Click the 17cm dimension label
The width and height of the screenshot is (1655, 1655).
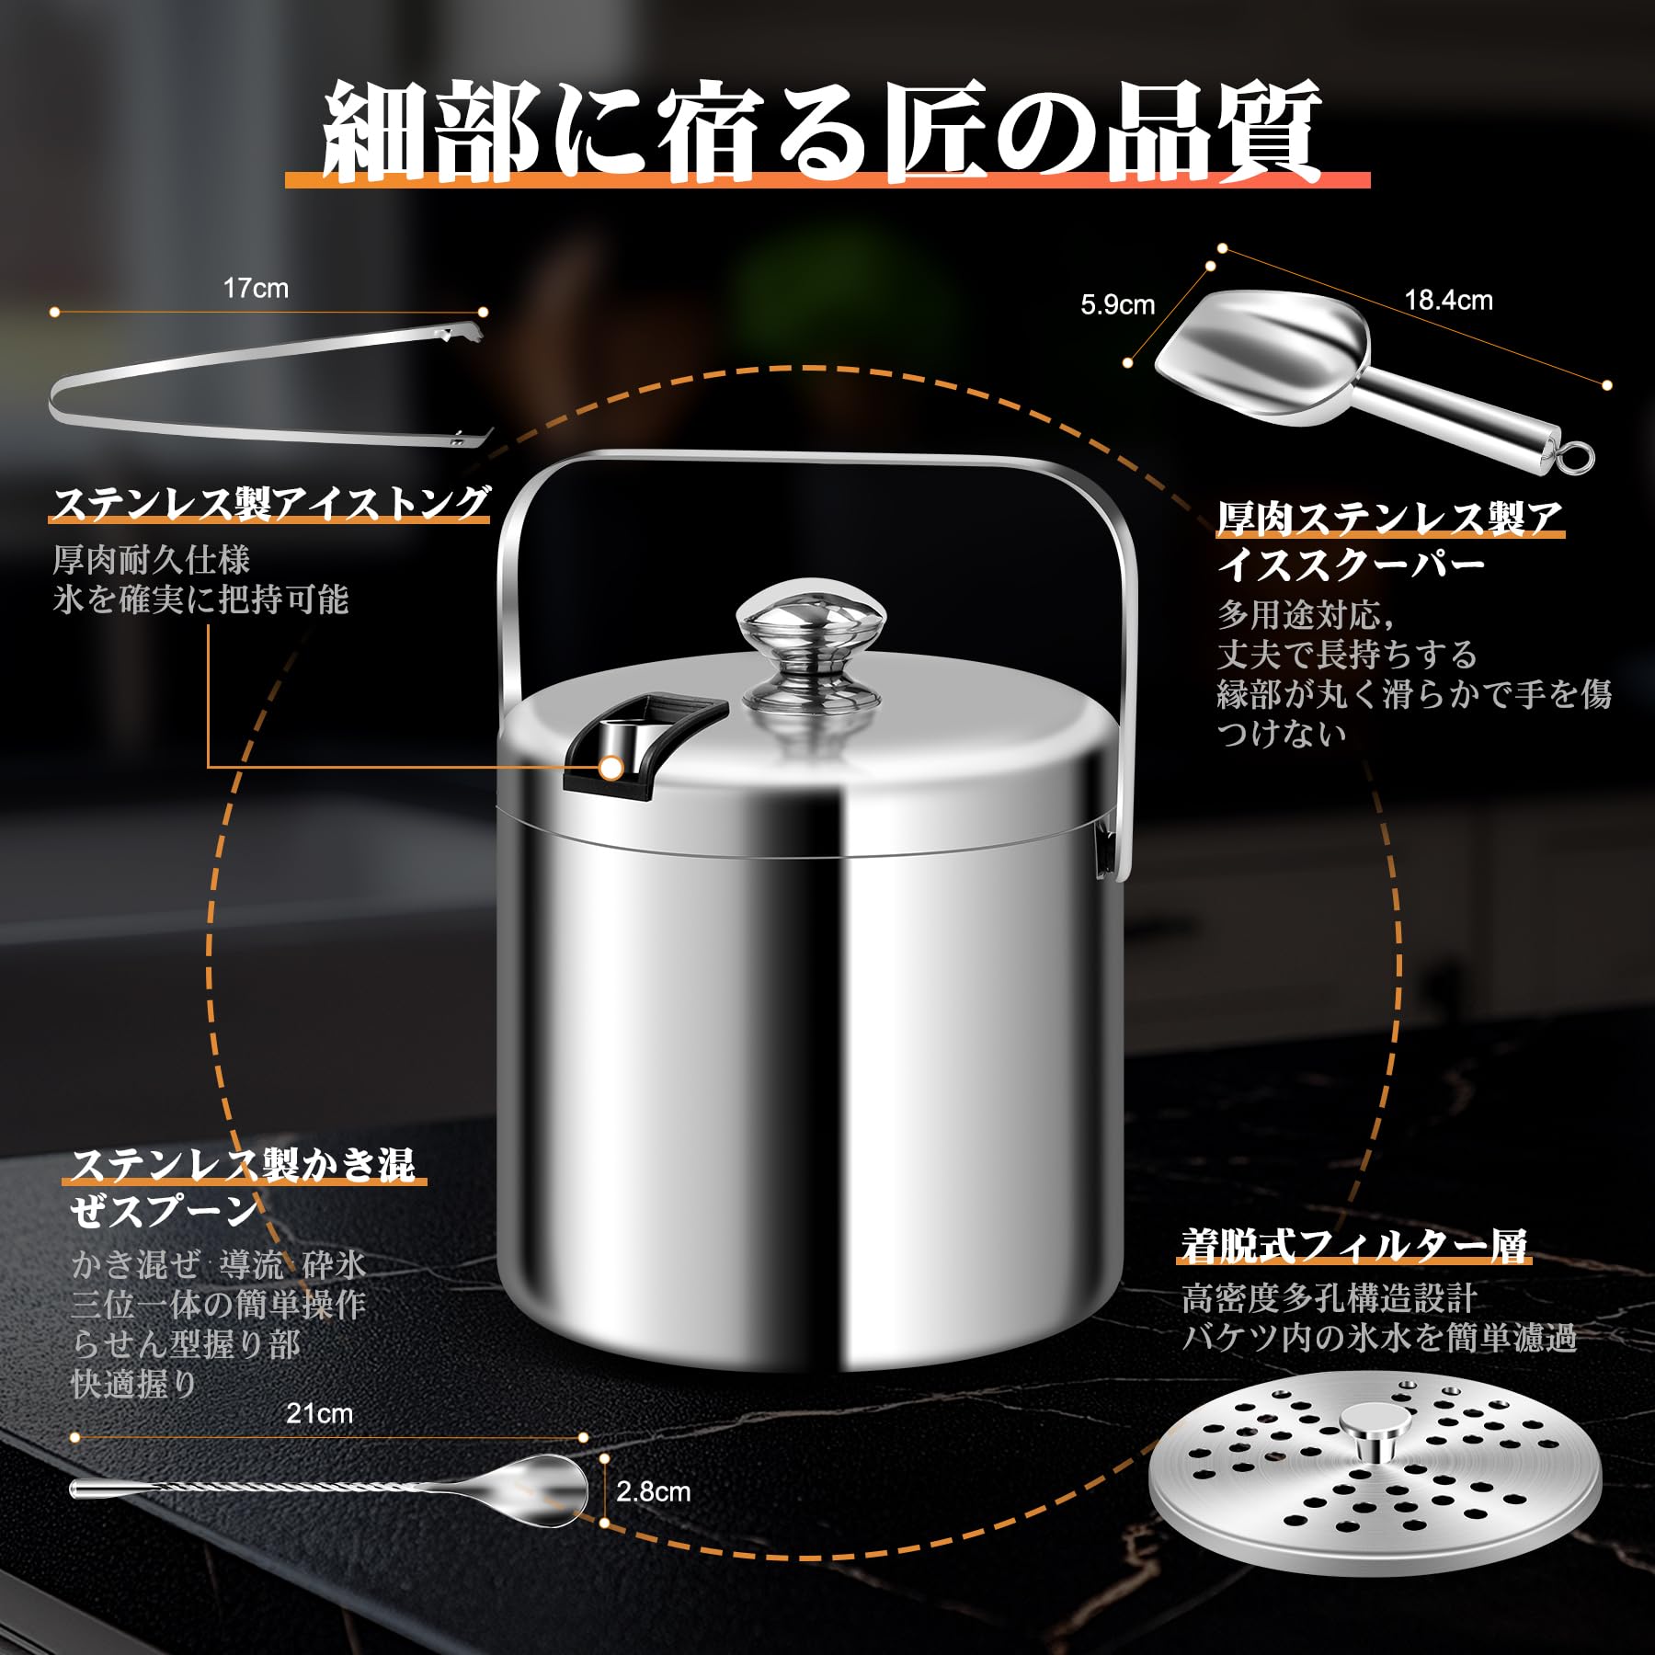click(256, 289)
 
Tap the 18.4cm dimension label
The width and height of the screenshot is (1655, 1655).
click(1448, 300)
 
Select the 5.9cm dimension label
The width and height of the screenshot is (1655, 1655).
click(1117, 305)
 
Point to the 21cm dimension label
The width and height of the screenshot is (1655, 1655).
click(319, 1413)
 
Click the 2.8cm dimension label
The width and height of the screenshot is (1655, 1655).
click(653, 1491)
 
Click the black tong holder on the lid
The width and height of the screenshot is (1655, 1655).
click(644, 743)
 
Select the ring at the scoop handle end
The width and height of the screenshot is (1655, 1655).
click(1575, 455)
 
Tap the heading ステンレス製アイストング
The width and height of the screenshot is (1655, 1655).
click(271, 504)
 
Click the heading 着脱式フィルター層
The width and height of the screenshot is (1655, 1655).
click(1354, 1246)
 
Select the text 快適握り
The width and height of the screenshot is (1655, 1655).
click(134, 1384)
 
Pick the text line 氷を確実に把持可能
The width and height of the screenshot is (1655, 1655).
click(200, 599)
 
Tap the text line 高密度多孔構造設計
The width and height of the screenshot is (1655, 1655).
click(1329, 1299)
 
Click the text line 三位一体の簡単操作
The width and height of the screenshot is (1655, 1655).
click(219, 1305)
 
